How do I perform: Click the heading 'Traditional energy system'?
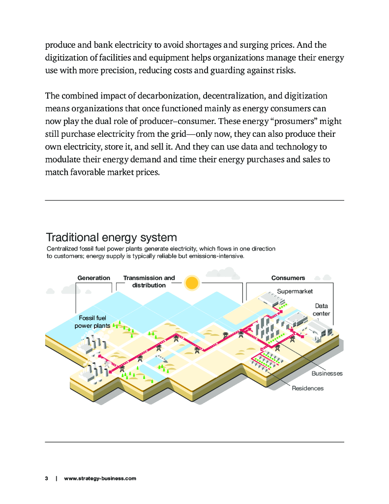coord(111,237)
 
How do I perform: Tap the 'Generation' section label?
coord(93,278)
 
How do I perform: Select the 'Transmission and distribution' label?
coord(149,282)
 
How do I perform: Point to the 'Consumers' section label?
coord(288,278)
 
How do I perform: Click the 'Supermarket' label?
coord(295,291)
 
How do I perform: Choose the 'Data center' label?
coord(322,310)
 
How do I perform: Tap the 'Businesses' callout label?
coord(327,374)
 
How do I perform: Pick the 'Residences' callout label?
coord(308,388)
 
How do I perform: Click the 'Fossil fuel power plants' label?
coord(92,322)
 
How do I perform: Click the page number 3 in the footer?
coord(46,478)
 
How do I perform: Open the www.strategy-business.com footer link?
coord(100,478)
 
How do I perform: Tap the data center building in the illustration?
coord(315,329)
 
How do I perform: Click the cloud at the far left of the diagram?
coord(50,291)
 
